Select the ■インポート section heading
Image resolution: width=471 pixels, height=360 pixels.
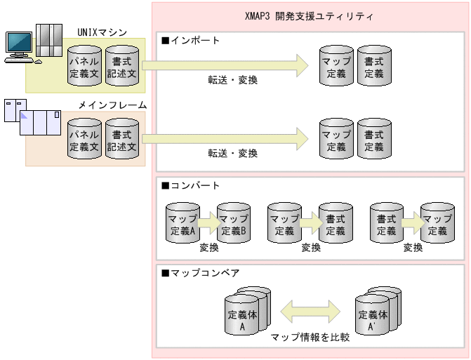click(x=191, y=41)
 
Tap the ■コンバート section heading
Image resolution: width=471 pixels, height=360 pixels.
click(x=191, y=186)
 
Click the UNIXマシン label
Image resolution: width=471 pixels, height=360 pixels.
click(x=102, y=32)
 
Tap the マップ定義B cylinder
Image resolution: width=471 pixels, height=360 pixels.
click(x=234, y=224)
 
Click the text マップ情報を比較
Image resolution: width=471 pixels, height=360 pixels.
click(x=310, y=338)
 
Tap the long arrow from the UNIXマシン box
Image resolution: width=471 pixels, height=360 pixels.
click(x=225, y=66)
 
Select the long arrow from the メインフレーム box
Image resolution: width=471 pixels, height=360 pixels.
click(x=225, y=139)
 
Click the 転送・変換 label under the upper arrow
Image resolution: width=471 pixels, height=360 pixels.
click(x=232, y=80)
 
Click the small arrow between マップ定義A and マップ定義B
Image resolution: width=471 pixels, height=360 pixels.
click(x=208, y=224)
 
